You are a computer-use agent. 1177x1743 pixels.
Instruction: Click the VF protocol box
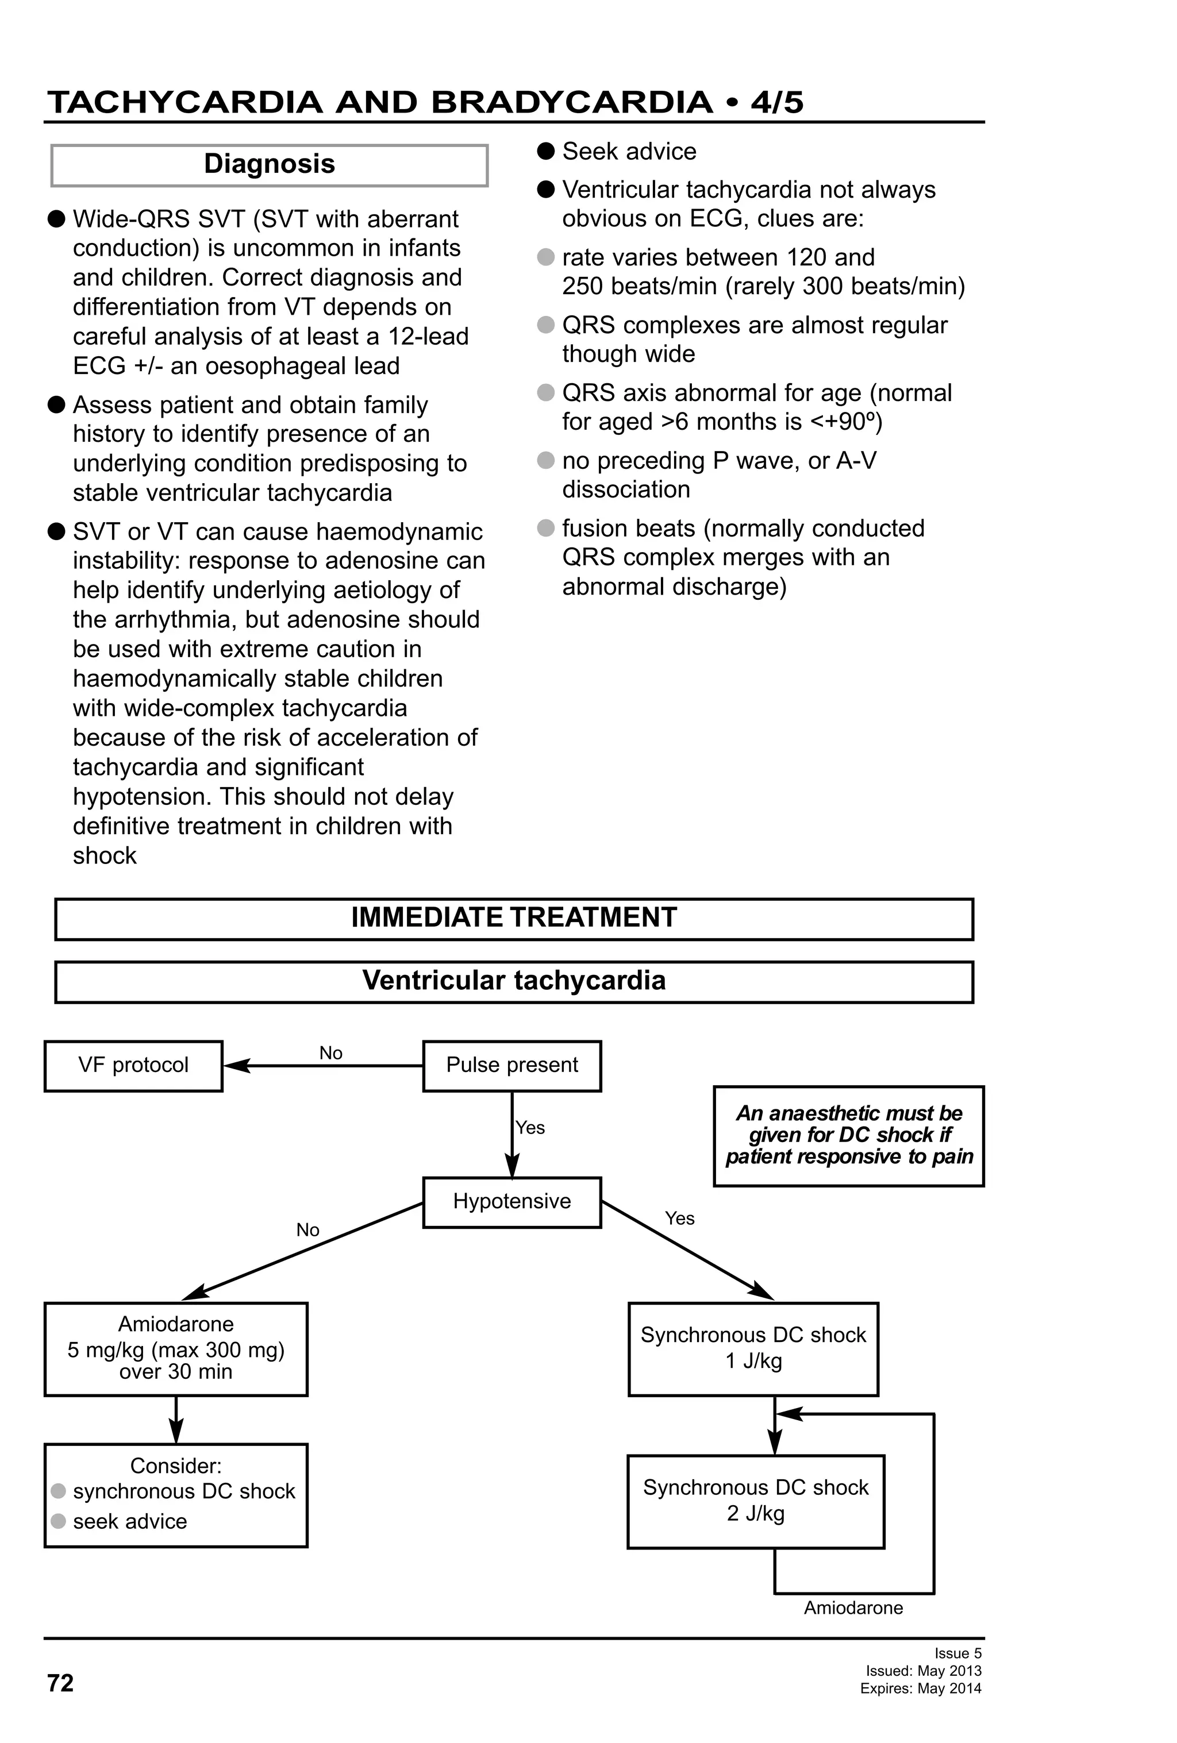click(x=133, y=1065)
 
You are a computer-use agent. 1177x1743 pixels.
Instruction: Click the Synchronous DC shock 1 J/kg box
click(x=753, y=1348)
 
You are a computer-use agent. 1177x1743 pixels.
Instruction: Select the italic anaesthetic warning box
click(x=848, y=1136)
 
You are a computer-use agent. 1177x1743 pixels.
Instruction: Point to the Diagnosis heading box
click(x=270, y=164)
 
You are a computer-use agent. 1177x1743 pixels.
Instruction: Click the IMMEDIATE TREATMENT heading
click(x=514, y=918)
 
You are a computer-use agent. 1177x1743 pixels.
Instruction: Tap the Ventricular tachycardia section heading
click(x=514, y=981)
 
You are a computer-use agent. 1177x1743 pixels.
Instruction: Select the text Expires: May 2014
click(x=921, y=1689)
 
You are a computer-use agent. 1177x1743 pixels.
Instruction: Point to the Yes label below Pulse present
click(x=530, y=1128)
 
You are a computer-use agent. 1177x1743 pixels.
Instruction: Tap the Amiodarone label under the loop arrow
click(x=853, y=1608)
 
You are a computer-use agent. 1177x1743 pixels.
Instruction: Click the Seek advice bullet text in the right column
click(x=629, y=152)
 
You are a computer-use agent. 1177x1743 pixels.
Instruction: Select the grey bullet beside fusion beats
click(x=546, y=528)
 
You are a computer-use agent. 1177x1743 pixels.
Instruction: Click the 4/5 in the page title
click(x=777, y=102)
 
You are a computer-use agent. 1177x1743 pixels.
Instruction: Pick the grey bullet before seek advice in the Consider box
click(x=59, y=1521)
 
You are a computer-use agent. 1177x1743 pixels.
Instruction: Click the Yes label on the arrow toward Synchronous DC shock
click(x=680, y=1218)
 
